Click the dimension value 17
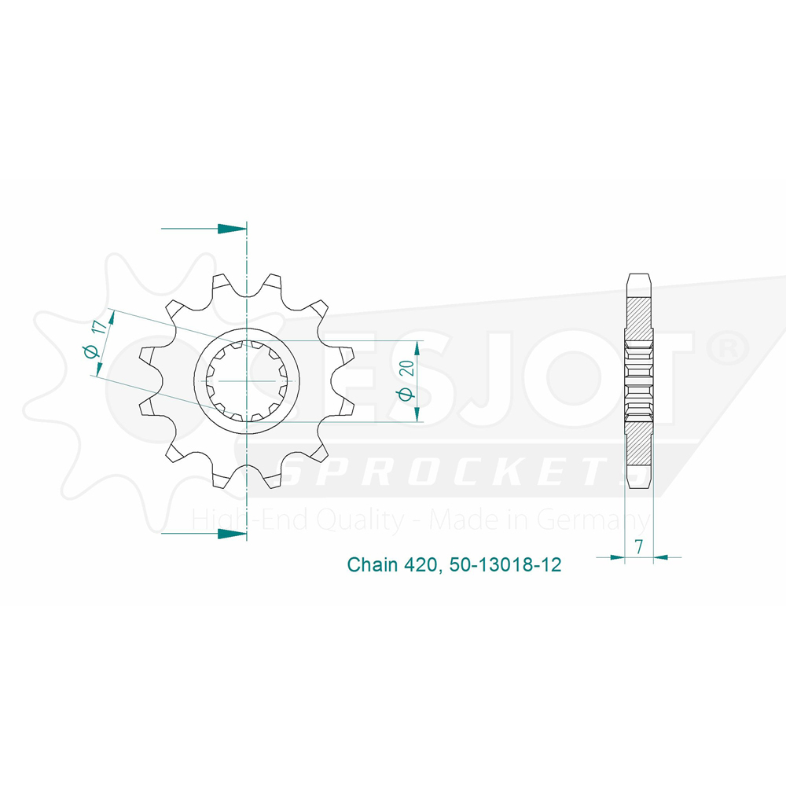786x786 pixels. click(100, 328)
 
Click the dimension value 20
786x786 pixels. click(407, 368)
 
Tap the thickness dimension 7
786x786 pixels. click(638, 546)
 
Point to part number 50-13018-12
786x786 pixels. click(505, 565)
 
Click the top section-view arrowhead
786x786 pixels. click(232, 229)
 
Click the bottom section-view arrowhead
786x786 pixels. click(232, 534)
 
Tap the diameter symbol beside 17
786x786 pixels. click(90, 351)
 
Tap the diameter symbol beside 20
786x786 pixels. click(406, 395)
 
